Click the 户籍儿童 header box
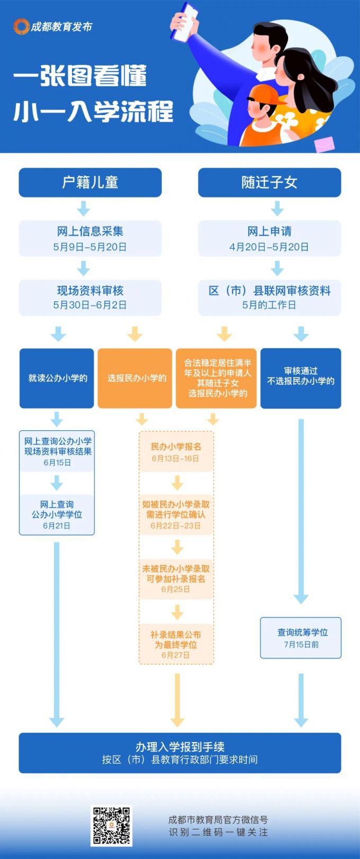[90, 183]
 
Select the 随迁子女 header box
[269, 183]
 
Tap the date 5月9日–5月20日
[90, 247]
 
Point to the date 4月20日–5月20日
[269, 247]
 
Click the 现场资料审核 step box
[90, 297]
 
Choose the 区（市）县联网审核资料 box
[269, 297]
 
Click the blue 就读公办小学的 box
[57, 378]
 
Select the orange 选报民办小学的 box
[135, 378]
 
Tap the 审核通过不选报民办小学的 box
[301, 378]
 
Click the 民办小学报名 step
[176, 451]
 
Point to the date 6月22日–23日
[176, 526]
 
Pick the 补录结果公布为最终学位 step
[176, 644]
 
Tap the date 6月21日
[57, 526]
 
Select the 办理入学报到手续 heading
[180, 747]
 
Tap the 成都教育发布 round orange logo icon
[21, 26]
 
